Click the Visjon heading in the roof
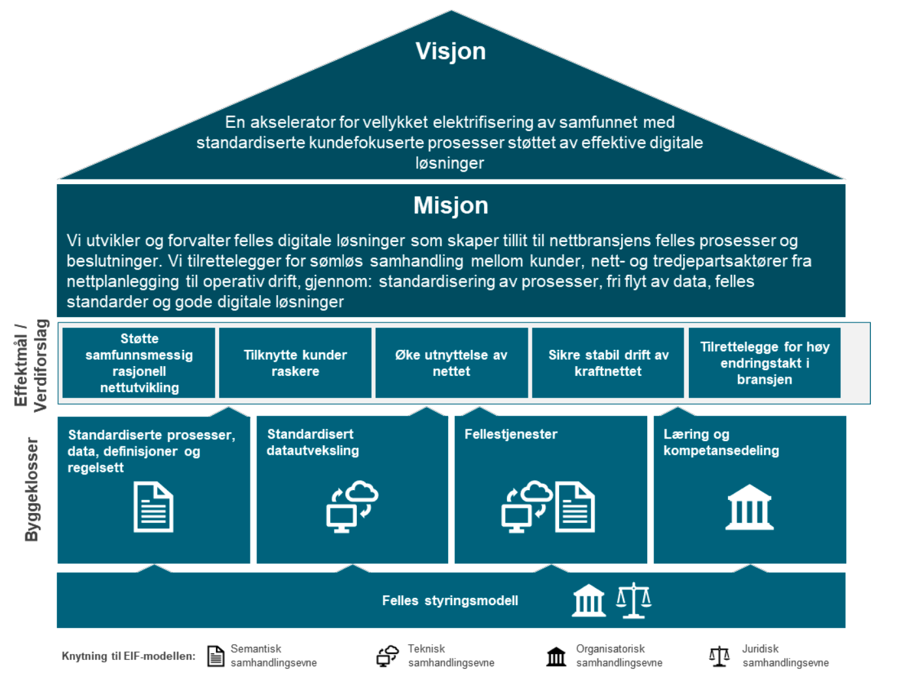pos(450,51)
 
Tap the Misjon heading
pos(450,206)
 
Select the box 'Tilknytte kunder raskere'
pos(295,363)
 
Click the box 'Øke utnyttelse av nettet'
pos(451,363)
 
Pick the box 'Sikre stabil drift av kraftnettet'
pos(608,363)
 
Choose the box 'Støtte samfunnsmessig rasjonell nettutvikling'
pos(139,363)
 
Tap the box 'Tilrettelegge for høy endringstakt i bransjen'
pos(765,363)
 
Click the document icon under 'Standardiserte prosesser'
pos(153,507)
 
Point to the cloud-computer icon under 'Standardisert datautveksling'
pos(352,506)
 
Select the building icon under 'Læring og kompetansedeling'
pos(750,507)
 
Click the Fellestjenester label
pos(511,434)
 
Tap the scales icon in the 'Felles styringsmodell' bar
pos(634,600)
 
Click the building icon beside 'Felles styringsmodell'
pos(588,600)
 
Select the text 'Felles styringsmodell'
pos(450,600)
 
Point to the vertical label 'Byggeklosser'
pos(31,490)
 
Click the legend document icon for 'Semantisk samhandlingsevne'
pos(215,656)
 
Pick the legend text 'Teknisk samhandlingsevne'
pos(451,656)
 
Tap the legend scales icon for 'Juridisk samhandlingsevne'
pos(719,656)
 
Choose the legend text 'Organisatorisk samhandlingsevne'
pos(618,656)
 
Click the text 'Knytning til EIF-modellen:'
pos(129,656)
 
